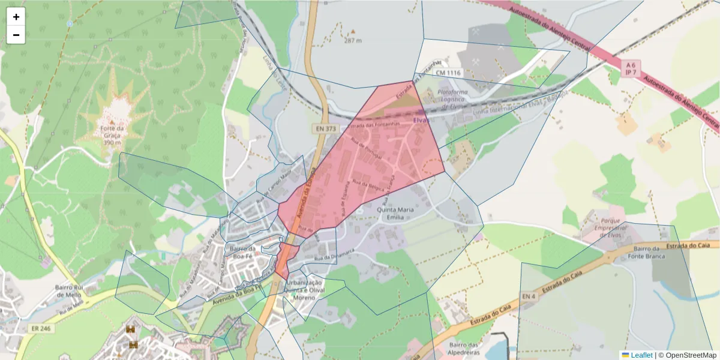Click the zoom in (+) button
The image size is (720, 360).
(x=16, y=17)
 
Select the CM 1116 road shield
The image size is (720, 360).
(x=448, y=73)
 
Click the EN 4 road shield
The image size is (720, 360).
(x=528, y=296)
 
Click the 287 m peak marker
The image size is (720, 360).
(x=353, y=37)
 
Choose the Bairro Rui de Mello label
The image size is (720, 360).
(x=68, y=291)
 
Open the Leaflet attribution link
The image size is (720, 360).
(x=641, y=355)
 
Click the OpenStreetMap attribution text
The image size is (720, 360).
(x=690, y=355)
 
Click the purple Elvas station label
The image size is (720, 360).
(x=422, y=120)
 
